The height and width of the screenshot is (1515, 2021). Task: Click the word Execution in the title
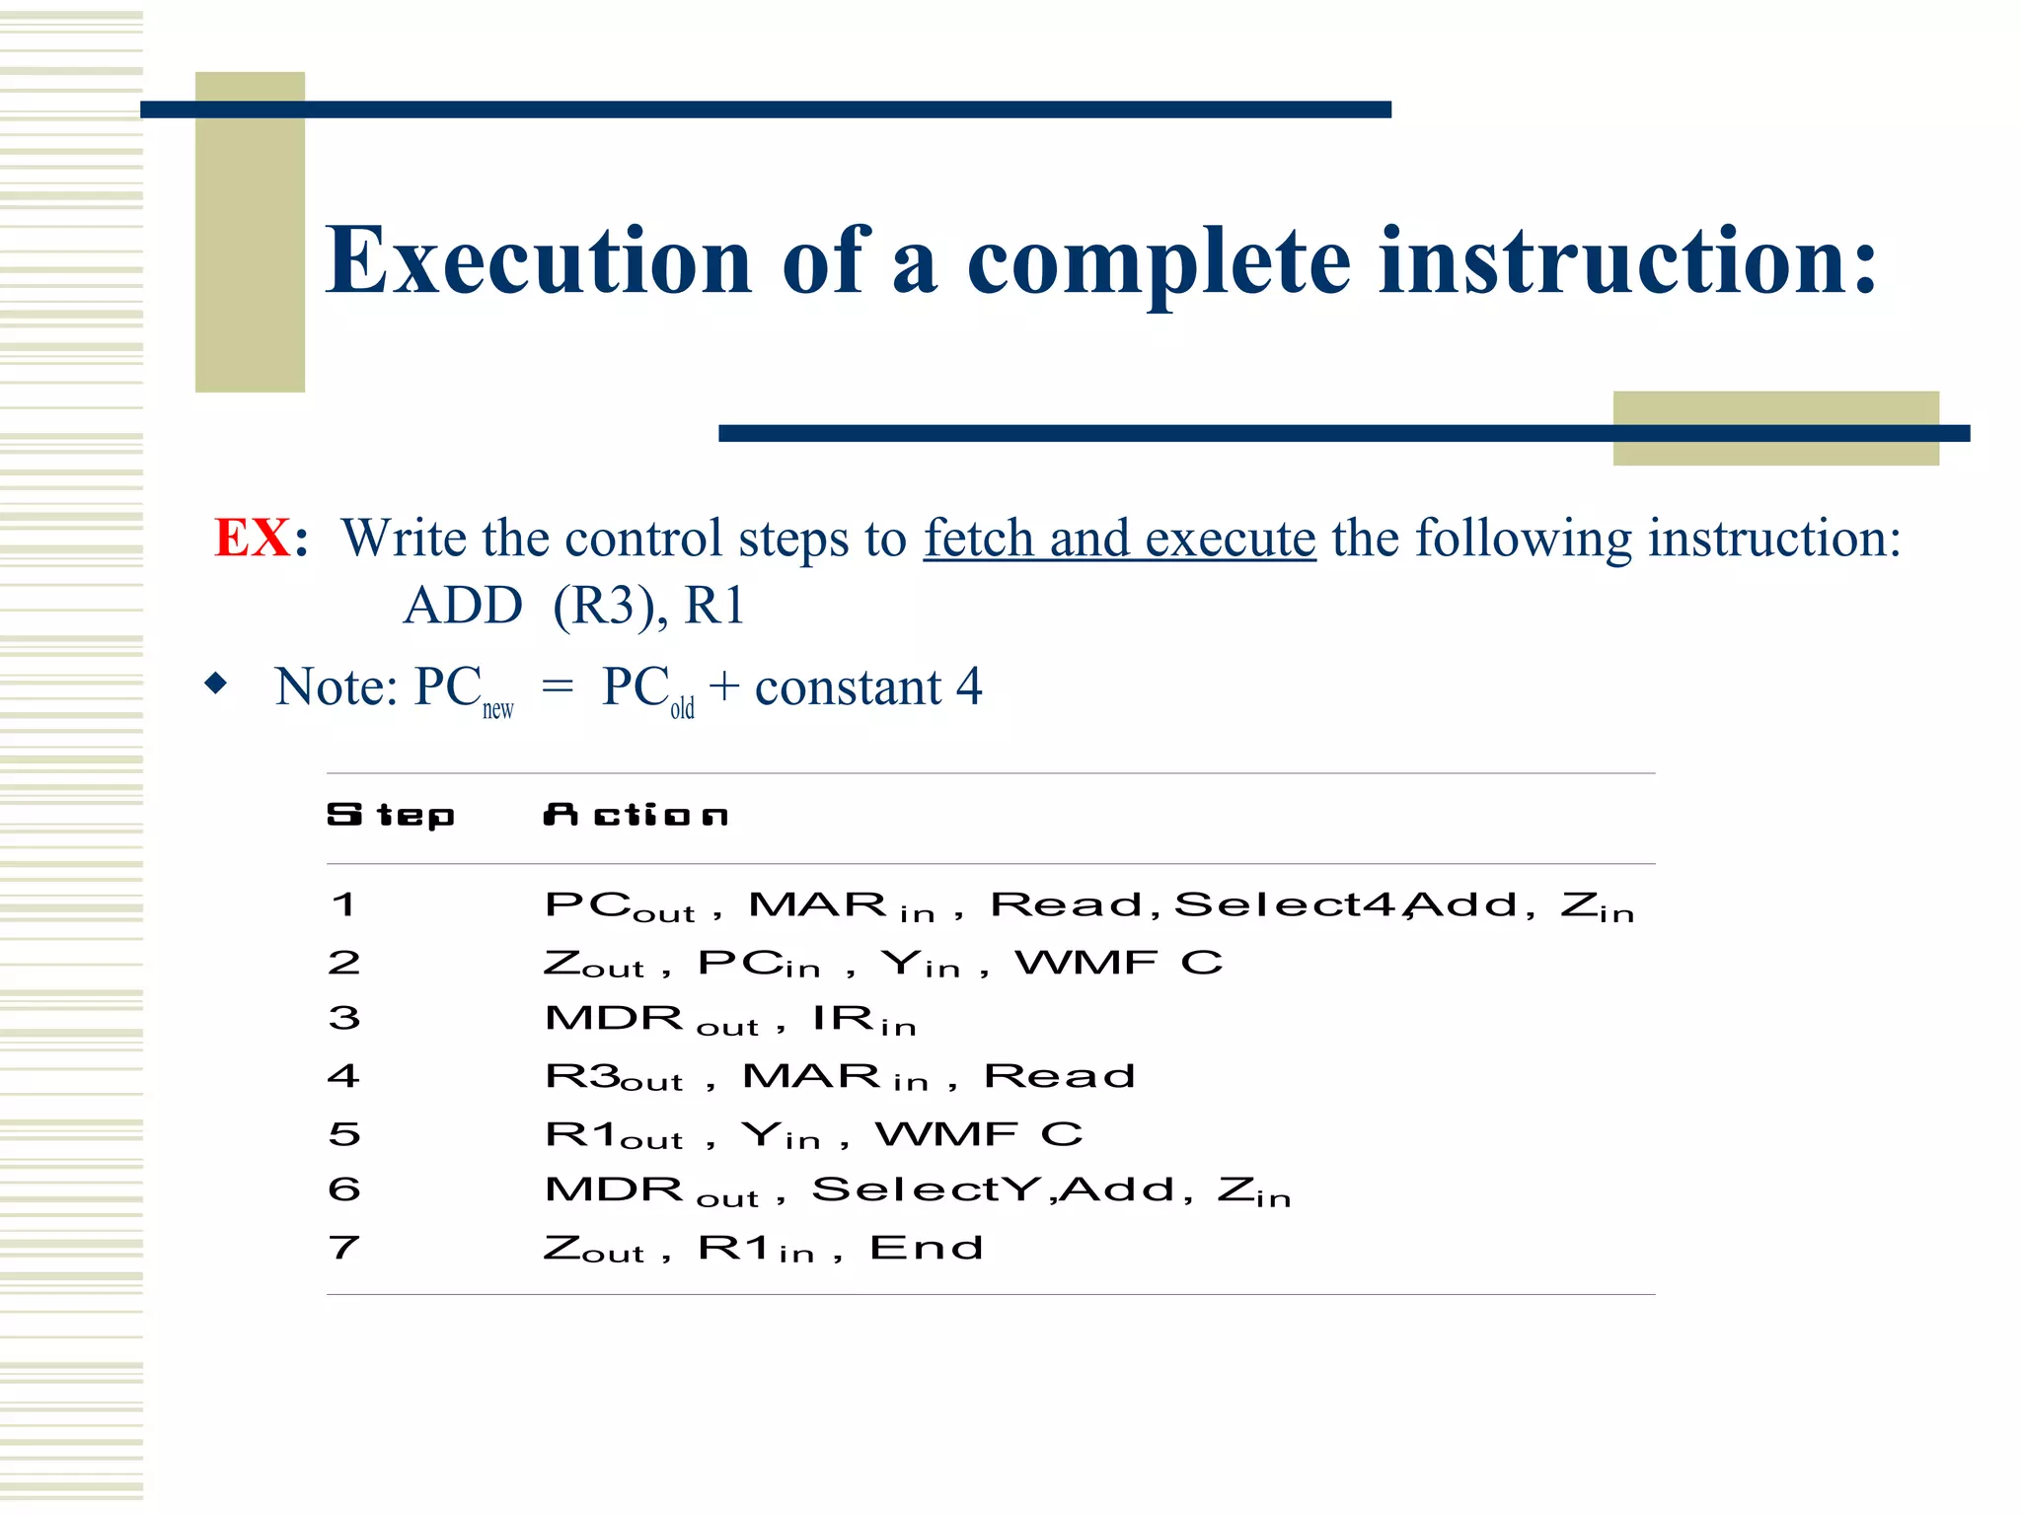tap(539, 260)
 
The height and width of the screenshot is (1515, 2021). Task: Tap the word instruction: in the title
tap(1627, 260)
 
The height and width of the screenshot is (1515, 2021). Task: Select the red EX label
tap(253, 539)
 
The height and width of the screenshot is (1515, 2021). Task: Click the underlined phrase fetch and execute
tap(1119, 539)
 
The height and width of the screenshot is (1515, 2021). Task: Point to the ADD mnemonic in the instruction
tap(463, 605)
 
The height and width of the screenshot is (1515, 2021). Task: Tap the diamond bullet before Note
tap(215, 684)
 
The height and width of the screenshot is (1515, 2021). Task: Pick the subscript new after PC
tap(497, 709)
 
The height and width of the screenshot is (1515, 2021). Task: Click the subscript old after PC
tap(682, 709)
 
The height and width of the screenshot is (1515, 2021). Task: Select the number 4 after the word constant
tap(969, 686)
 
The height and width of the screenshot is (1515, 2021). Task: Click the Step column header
tap(391, 816)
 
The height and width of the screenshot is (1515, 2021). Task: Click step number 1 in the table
tap(343, 904)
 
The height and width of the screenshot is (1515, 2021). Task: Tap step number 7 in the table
tap(343, 1248)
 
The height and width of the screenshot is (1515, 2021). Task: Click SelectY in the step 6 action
tap(929, 1190)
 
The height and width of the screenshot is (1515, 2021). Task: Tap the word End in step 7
tap(926, 1248)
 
